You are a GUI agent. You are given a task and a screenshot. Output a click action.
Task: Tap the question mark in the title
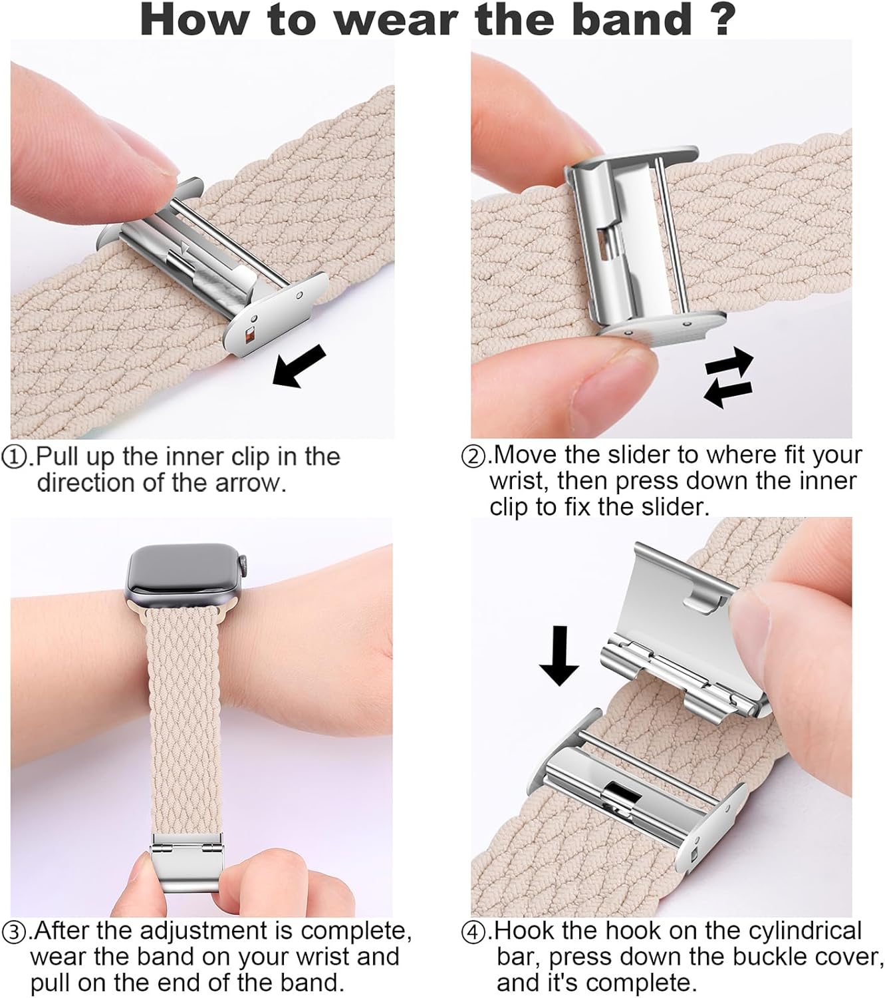point(721,21)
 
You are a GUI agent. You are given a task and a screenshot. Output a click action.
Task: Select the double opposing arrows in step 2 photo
point(728,376)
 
